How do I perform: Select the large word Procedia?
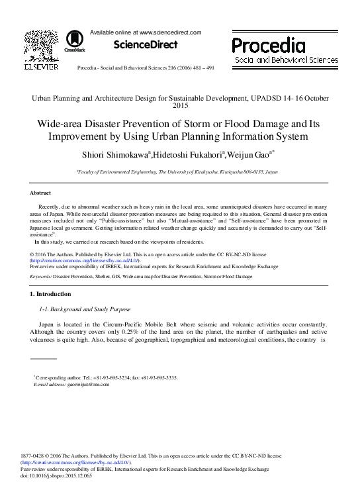(268, 45)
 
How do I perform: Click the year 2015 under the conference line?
(180, 105)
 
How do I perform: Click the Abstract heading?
(40, 193)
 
